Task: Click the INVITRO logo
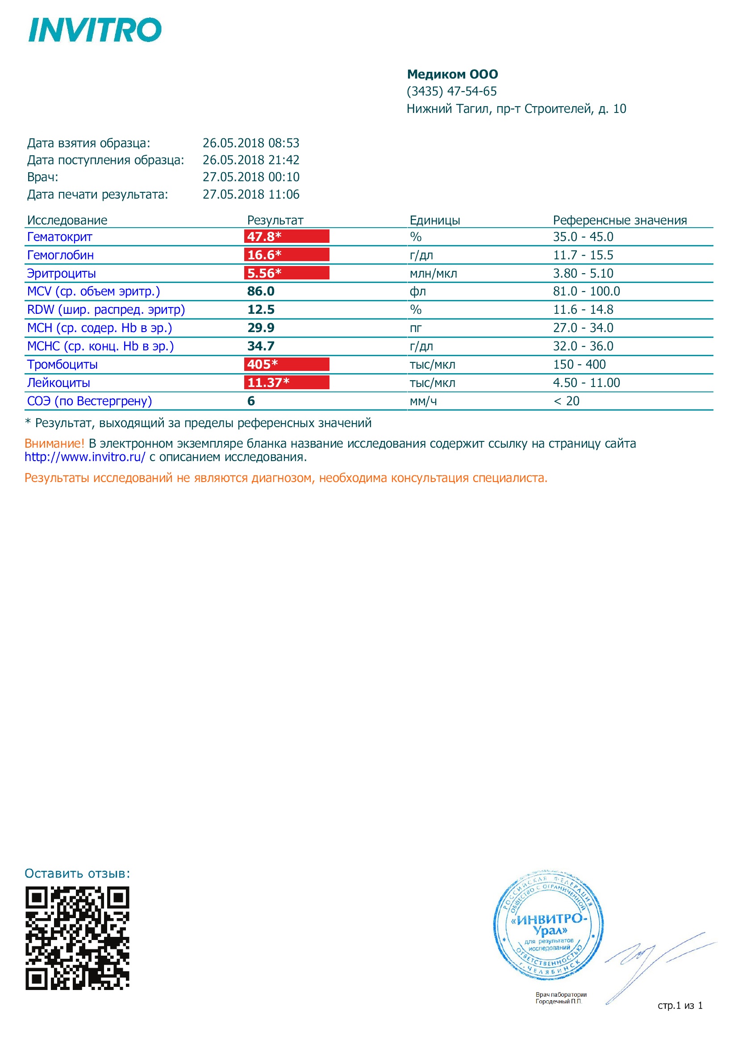click(95, 30)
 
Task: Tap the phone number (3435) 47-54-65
click(451, 92)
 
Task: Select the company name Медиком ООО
click(452, 74)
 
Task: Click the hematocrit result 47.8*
click(264, 237)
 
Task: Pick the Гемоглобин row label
click(60, 255)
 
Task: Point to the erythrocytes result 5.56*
click(264, 273)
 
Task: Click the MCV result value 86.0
click(261, 291)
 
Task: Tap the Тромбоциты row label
click(63, 364)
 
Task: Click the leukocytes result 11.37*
click(268, 383)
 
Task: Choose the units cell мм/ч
click(423, 401)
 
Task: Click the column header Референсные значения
click(619, 220)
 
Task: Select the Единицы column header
click(434, 220)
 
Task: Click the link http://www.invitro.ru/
click(85, 457)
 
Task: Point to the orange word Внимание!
click(54, 443)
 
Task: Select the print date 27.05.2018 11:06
click(250, 195)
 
